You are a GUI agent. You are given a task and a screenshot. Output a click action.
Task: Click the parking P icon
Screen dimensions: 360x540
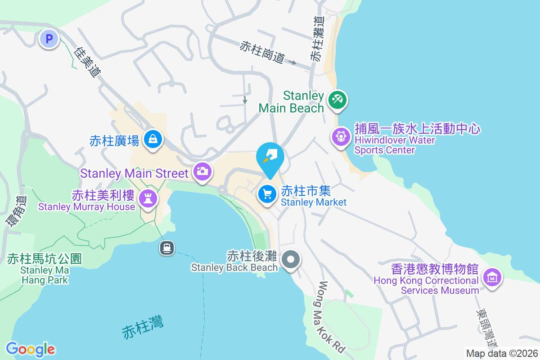(x=49, y=39)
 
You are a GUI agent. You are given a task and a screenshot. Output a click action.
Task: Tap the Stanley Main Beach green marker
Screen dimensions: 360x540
(x=336, y=99)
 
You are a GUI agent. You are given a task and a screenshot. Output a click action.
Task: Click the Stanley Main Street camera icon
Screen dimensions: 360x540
(x=202, y=171)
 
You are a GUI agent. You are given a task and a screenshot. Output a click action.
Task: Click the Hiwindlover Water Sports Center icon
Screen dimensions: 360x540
(x=341, y=136)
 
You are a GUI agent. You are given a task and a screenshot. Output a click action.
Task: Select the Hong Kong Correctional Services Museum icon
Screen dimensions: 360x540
(x=492, y=277)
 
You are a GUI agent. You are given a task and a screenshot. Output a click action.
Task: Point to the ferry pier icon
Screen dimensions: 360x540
(x=167, y=247)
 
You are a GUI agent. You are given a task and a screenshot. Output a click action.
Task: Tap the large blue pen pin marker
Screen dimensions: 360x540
(x=270, y=157)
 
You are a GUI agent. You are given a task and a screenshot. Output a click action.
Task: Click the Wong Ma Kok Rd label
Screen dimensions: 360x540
(x=332, y=317)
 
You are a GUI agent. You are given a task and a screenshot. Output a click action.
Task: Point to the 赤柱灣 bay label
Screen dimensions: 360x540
(x=143, y=327)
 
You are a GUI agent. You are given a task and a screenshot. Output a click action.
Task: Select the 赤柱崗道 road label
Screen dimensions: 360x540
(x=262, y=52)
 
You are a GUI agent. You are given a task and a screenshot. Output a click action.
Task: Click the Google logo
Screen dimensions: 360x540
(x=31, y=349)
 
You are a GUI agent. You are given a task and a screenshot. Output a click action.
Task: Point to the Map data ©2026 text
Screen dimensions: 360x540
(x=502, y=353)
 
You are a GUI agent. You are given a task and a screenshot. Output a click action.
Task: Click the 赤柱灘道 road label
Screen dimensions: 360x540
(x=317, y=39)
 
